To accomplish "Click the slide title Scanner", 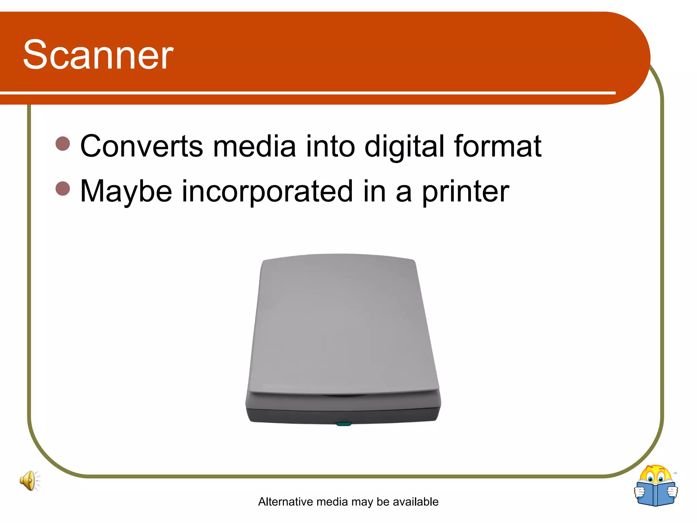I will coord(98,54).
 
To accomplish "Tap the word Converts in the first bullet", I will coord(142,146).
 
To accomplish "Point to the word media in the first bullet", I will coord(254,146).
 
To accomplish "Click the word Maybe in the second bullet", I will coord(126,191).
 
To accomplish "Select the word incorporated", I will coord(267,191).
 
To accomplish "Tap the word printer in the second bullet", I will coord(466,191).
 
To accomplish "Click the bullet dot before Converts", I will coord(63,143).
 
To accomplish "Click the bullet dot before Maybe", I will coord(63,188).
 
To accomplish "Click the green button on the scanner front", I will coord(343,424).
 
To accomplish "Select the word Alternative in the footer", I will coord(286,502).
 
